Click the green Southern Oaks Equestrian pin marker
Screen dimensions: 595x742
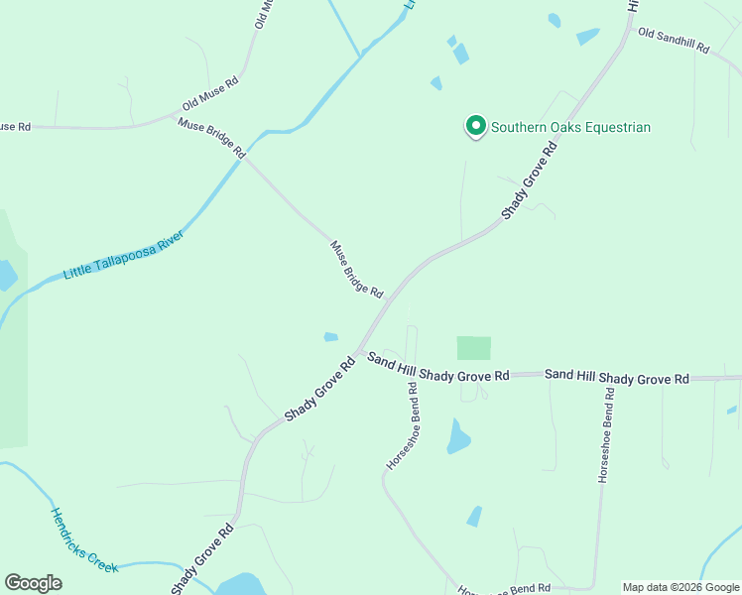475,126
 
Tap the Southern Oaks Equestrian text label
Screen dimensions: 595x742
571,127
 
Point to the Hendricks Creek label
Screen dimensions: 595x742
84,540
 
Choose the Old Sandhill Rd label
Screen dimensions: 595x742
675,41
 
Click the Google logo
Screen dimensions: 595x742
33,583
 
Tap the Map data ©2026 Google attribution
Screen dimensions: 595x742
680,587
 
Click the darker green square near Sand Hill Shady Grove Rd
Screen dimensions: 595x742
473,348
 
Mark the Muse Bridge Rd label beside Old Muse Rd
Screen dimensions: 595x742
211,138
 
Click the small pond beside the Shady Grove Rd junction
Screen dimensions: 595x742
331,337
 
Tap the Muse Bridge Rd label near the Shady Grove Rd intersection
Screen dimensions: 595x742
356,269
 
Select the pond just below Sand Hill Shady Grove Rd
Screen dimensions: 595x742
457,436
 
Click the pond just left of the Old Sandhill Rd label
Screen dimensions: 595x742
587,37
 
